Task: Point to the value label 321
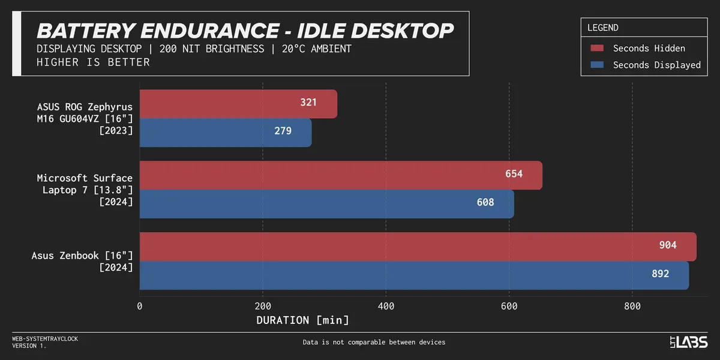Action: pyautogui.click(x=308, y=103)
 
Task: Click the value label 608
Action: pyautogui.click(x=485, y=203)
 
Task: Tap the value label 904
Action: pyautogui.click(x=668, y=245)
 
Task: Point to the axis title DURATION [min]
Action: pyautogui.click(x=302, y=320)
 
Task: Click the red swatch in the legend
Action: pyautogui.click(x=596, y=49)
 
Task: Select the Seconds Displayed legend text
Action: pyautogui.click(x=656, y=65)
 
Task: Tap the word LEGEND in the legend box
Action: pyautogui.click(x=602, y=28)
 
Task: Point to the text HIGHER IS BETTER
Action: pyautogui.click(x=93, y=62)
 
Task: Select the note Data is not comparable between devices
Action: pyautogui.click(x=374, y=343)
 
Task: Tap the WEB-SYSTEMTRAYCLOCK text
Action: pyautogui.click(x=45, y=339)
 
